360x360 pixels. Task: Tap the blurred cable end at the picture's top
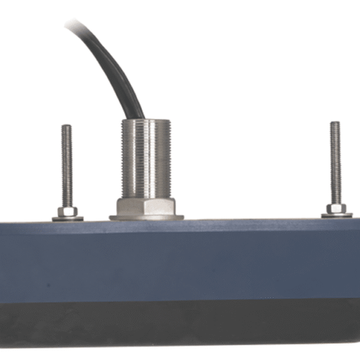coord(73,24)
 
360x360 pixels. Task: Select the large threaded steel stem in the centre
coord(145,158)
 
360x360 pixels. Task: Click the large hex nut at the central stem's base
coord(146,206)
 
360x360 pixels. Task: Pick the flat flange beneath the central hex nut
coord(146,216)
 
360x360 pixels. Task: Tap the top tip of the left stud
coord(66,127)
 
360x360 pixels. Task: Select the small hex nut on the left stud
coord(67,211)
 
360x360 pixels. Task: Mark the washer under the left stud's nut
coord(67,218)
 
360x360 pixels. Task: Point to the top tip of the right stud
coord(335,123)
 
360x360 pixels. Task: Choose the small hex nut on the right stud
coord(336,208)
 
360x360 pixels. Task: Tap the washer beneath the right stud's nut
coord(336,215)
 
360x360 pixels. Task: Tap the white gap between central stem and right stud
coord(252,166)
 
